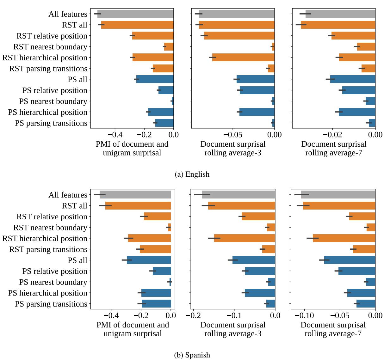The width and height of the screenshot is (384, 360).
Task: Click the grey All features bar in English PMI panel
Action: pos(135,14)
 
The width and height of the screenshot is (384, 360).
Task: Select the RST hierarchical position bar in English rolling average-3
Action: pos(243,58)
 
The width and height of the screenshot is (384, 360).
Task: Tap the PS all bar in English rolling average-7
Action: pos(353,79)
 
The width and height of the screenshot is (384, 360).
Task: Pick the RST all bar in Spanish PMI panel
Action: pos(138,206)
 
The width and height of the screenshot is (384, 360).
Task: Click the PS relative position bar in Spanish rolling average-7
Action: pos(357,271)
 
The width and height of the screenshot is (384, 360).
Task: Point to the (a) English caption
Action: pos(192,174)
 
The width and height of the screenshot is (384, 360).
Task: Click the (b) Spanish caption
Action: pos(192,355)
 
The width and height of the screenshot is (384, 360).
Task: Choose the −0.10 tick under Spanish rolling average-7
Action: pos(304,316)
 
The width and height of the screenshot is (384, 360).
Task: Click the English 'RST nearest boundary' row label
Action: pos(50,47)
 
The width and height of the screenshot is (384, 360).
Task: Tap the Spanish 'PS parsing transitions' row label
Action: pos(51,304)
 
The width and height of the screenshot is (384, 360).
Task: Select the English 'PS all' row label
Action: pos(77,79)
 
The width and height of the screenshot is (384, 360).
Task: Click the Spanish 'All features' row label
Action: pos(68,195)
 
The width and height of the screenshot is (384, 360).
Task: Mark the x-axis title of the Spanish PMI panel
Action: pos(133,329)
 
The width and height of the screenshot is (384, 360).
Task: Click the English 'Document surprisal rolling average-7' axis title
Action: pos(334,148)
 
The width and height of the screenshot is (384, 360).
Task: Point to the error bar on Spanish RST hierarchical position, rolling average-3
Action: pos(214,238)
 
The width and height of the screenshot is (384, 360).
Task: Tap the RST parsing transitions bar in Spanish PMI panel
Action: pos(155,249)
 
